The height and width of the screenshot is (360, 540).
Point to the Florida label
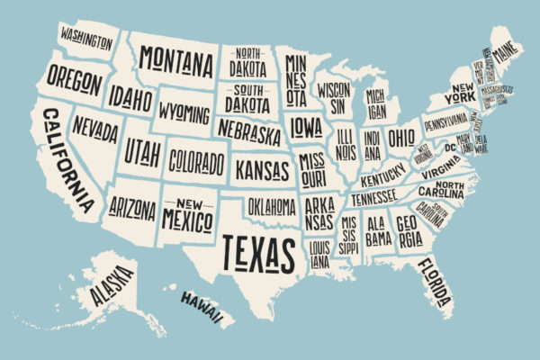click(433, 283)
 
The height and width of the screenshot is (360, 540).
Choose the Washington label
click(86, 38)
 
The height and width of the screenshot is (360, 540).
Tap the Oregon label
click(74, 81)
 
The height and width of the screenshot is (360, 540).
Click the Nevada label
click(95, 128)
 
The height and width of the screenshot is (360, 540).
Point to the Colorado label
click(196, 163)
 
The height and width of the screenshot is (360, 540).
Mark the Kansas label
click(263, 167)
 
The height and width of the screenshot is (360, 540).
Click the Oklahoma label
click(271, 207)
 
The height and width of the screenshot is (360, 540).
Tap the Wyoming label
click(184, 112)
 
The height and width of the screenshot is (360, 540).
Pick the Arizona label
click(132, 209)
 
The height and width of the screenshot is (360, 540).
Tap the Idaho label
click(131, 95)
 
